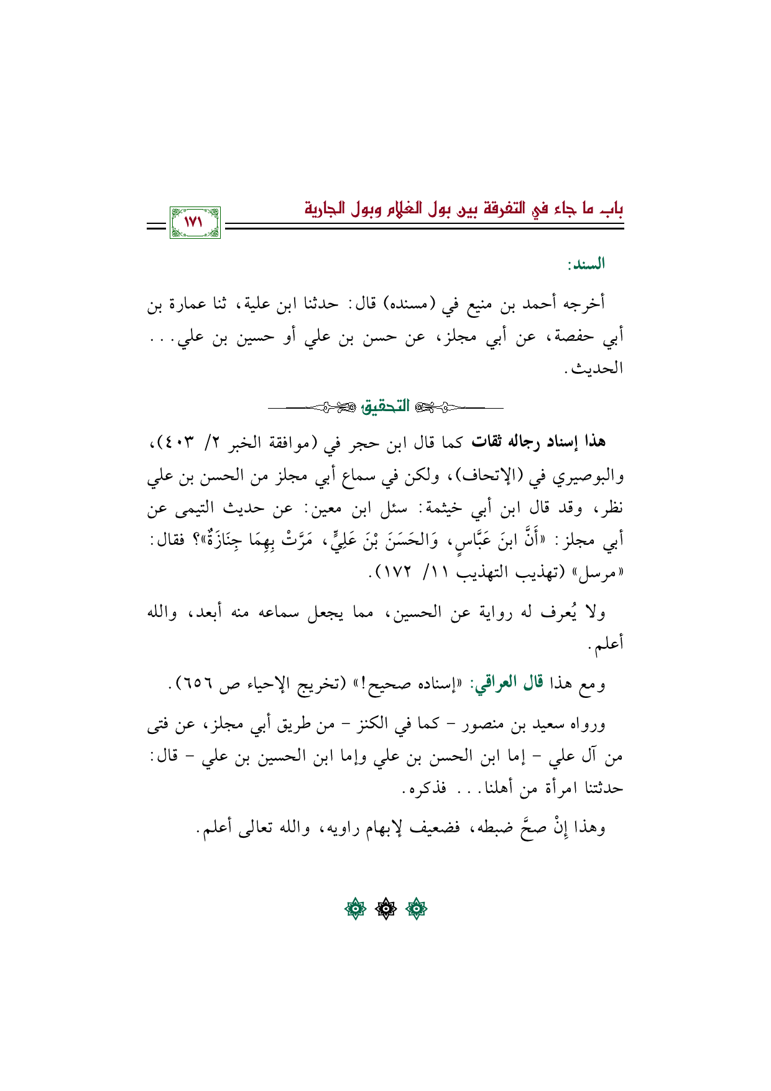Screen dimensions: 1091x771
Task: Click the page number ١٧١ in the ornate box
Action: [x=195, y=222]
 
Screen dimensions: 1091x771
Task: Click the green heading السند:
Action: [x=586, y=265]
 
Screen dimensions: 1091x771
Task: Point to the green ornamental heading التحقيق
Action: [x=386, y=407]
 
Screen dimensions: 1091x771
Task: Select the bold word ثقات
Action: [x=487, y=442]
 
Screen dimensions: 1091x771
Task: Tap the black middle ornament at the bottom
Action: [x=386, y=910]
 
